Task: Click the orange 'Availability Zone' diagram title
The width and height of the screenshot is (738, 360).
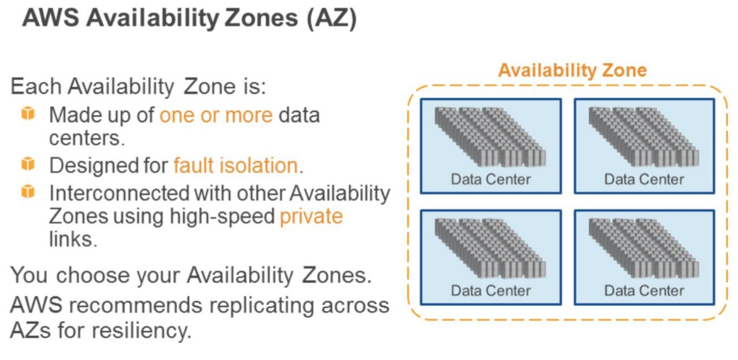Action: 572,70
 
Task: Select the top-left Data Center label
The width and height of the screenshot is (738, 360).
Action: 491,179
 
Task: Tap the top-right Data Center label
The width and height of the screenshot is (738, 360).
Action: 644,179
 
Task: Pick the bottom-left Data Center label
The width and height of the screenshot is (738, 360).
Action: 491,291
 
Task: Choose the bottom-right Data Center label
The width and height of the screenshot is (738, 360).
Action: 644,291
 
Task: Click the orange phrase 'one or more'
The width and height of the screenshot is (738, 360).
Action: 216,115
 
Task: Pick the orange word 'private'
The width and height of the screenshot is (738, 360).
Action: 311,215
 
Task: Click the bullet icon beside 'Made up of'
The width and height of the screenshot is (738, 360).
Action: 28,114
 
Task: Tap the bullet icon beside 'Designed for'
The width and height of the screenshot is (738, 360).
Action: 28,164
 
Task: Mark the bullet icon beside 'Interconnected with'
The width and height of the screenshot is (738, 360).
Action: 28,191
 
